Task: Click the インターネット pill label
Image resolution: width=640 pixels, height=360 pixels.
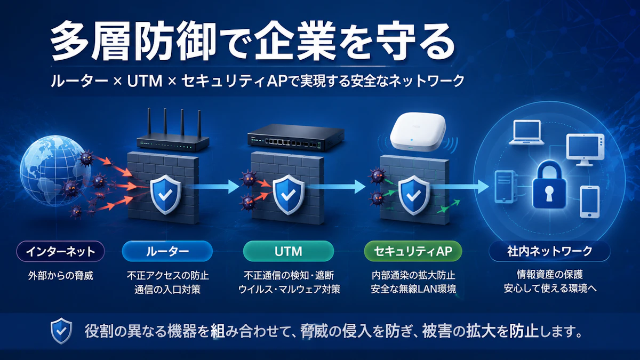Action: click(x=61, y=251)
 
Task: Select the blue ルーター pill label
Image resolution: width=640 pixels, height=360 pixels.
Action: click(x=167, y=251)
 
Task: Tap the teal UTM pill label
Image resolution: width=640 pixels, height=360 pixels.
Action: click(x=289, y=251)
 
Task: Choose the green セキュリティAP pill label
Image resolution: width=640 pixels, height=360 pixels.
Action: click(x=413, y=251)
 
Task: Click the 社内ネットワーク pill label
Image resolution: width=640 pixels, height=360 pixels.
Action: click(x=549, y=251)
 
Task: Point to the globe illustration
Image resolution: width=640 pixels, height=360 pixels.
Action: click(x=54, y=171)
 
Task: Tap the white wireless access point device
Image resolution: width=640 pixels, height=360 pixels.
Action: click(x=418, y=131)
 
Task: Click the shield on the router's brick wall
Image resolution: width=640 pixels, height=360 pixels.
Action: click(x=166, y=194)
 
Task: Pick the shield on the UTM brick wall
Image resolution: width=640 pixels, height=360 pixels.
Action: click(x=289, y=195)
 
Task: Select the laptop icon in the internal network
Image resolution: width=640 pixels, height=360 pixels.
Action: click(x=526, y=133)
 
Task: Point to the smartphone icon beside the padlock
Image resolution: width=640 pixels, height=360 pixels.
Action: click(x=590, y=202)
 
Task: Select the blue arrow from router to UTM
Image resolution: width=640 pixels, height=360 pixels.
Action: click(x=214, y=187)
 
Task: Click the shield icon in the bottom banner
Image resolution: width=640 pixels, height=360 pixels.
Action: click(x=61, y=331)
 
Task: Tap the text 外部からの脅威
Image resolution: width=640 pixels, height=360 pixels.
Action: click(x=61, y=276)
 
